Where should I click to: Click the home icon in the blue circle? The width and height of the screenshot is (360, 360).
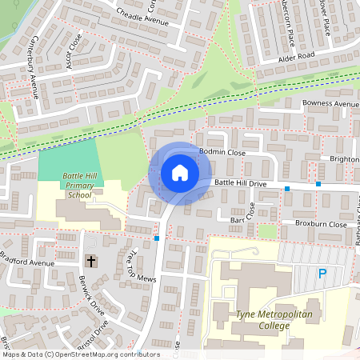(x=179, y=173)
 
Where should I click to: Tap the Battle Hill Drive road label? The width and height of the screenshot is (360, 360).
(x=240, y=184)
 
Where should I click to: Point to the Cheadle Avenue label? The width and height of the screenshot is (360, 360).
(x=142, y=17)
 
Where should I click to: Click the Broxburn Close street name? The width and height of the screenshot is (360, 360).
(x=320, y=225)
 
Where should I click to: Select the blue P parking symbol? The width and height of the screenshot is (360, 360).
(x=322, y=274)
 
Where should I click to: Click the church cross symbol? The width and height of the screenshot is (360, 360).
(x=90, y=261)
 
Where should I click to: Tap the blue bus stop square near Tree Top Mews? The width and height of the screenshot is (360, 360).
(x=157, y=238)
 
